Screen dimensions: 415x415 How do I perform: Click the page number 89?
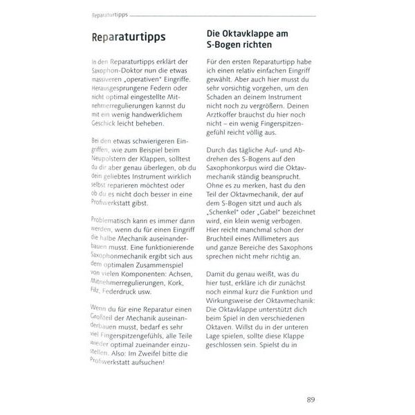click(x=311, y=399)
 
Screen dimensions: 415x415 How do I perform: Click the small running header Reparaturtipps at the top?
click(x=111, y=15)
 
